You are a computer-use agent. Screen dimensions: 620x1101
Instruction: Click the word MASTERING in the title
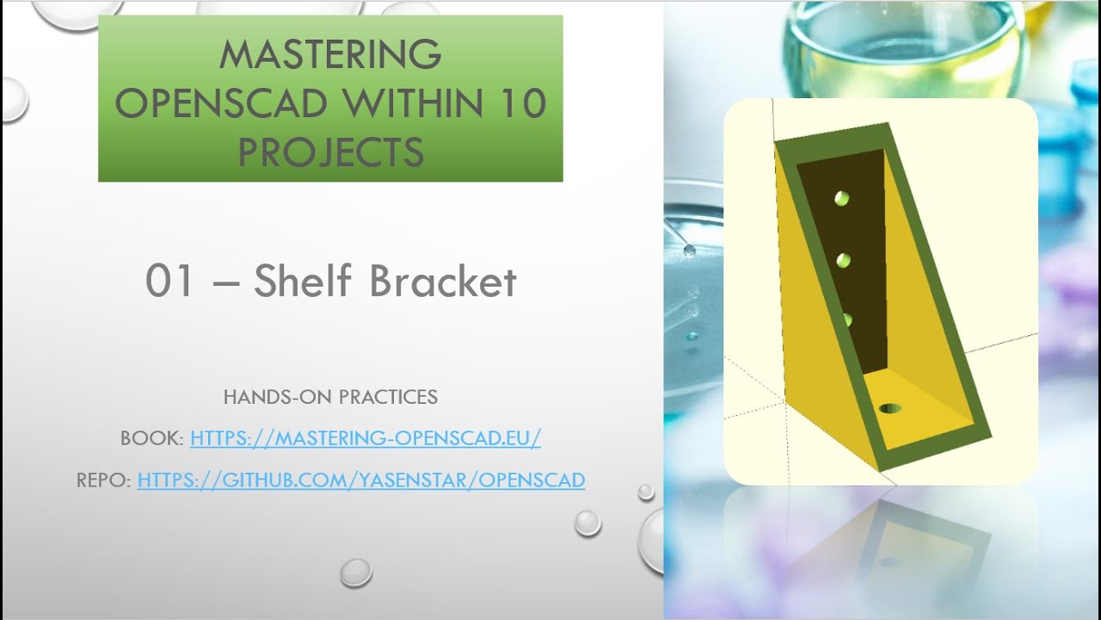click(330, 55)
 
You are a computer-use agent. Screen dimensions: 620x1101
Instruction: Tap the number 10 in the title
click(520, 104)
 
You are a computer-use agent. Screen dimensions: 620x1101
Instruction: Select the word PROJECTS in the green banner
click(330, 152)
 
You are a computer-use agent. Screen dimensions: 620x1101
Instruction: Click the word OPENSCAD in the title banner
click(221, 104)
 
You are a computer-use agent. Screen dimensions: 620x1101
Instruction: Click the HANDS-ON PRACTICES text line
click(330, 397)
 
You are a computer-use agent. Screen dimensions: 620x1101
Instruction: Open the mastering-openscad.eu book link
click(366, 438)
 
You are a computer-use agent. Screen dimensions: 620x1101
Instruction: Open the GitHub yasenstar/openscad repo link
click(361, 480)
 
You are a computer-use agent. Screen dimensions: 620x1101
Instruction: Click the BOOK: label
click(152, 438)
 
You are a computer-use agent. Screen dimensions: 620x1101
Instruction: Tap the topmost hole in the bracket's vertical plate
click(841, 199)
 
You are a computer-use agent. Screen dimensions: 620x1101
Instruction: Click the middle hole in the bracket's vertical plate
click(844, 259)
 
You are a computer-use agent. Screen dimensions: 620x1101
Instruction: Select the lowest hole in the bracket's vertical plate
click(847, 320)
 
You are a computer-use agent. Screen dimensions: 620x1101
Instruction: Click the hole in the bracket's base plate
click(889, 407)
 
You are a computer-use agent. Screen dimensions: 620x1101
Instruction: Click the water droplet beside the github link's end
click(645, 492)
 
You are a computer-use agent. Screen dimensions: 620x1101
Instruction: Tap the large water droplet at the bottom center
click(355, 572)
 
